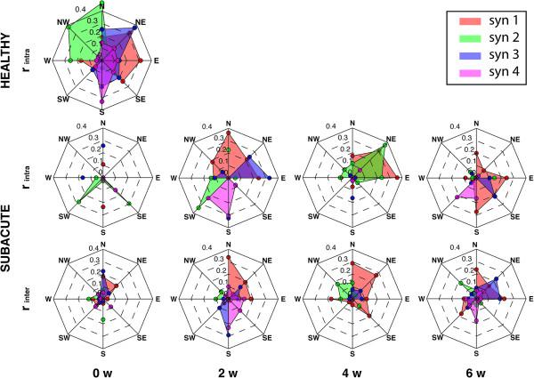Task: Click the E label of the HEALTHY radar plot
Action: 158,60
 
